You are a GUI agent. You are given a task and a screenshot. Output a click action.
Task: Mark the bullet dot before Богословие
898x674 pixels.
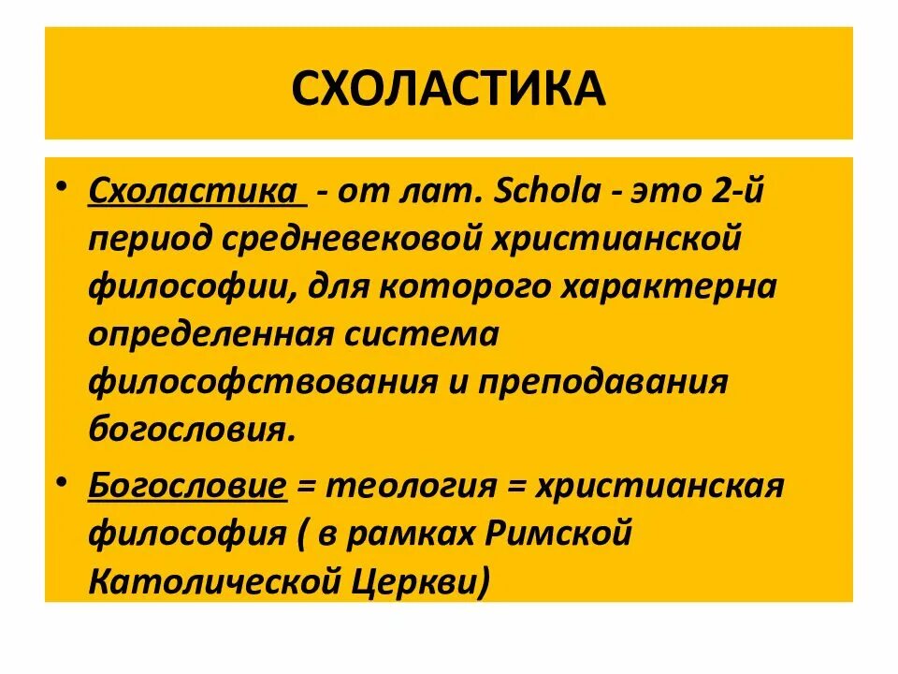click(x=62, y=479)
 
